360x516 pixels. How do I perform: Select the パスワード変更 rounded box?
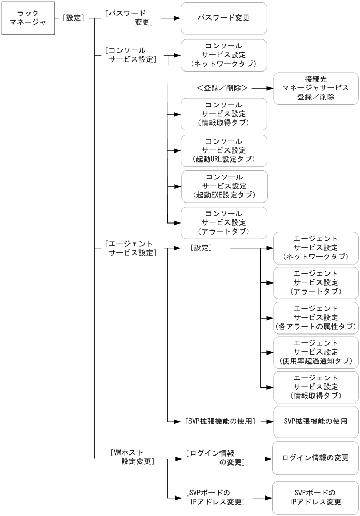point(223,18)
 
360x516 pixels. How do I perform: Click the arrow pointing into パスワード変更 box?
point(167,18)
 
